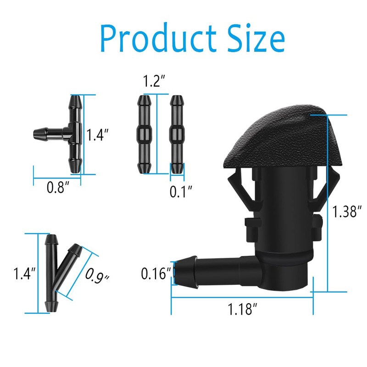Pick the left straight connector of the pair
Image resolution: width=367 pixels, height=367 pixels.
click(x=144, y=134)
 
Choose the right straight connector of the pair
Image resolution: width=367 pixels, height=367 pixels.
click(x=176, y=134)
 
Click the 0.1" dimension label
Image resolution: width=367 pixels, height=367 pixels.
click(x=181, y=191)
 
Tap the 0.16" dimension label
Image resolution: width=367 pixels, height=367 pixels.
click(x=156, y=274)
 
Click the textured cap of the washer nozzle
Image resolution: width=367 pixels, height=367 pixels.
click(x=280, y=138)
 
